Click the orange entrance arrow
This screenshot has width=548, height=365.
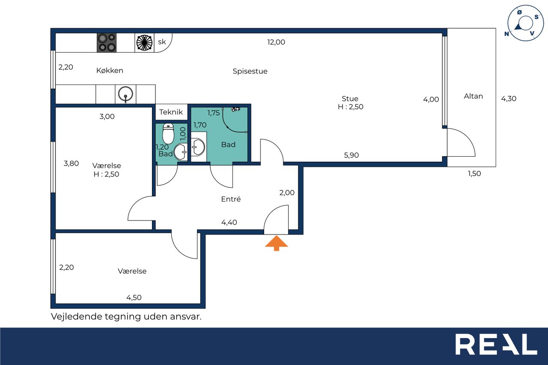tap(277, 243)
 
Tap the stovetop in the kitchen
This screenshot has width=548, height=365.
tap(107, 43)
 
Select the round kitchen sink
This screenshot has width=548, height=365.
tap(125, 94)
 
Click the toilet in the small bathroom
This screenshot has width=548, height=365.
tap(168, 134)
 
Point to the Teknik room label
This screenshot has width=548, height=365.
tap(171, 112)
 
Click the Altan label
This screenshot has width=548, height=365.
tap(474, 96)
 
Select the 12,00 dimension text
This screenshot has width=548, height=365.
tap(276, 42)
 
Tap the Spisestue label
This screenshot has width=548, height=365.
tap(250, 71)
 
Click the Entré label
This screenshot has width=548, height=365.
tap(231, 199)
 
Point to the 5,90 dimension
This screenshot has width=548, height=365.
tap(351, 155)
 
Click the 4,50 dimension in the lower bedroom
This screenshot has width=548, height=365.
tap(134, 297)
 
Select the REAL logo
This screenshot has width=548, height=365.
tap(496, 344)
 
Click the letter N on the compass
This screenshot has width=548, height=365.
tap(506, 34)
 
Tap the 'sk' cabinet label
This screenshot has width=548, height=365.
tap(162, 42)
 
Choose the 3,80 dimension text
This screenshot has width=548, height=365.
tap(71, 163)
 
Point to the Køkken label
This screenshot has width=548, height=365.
tap(110, 71)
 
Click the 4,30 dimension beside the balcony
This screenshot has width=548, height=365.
tap(509, 98)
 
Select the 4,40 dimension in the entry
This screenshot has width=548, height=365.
tap(229, 222)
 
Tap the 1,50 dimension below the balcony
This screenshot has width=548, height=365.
tap(474, 173)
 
